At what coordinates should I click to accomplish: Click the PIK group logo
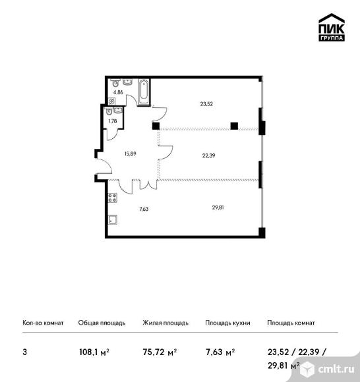tap(332, 27)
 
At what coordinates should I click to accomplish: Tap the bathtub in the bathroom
tap(144, 92)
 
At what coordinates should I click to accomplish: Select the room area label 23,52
tap(206, 104)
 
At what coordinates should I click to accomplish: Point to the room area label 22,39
tap(208, 155)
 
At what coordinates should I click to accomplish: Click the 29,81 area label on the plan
tap(218, 207)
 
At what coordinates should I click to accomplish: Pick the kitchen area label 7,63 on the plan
tap(144, 209)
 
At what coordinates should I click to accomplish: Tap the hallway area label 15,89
tap(131, 153)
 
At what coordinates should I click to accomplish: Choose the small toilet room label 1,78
tap(113, 121)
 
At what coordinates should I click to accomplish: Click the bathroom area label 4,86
tap(118, 92)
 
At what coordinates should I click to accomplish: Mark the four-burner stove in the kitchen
tap(113, 198)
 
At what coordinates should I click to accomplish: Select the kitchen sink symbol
tap(113, 219)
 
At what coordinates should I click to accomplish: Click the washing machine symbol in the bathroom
tap(111, 101)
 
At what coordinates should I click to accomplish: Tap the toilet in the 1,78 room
tap(109, 111)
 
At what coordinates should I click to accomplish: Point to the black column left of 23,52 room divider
tap(156, 126)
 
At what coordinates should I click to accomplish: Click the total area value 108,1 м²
tap(94, 352)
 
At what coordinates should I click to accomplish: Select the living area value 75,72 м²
tap(160, 352)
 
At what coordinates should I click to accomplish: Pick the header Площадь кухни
tap(227, 323)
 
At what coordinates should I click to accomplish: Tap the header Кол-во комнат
tap(43, 323)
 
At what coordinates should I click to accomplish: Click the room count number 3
tap(24, 352)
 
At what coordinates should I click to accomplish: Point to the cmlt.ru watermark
tap(329, 369)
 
